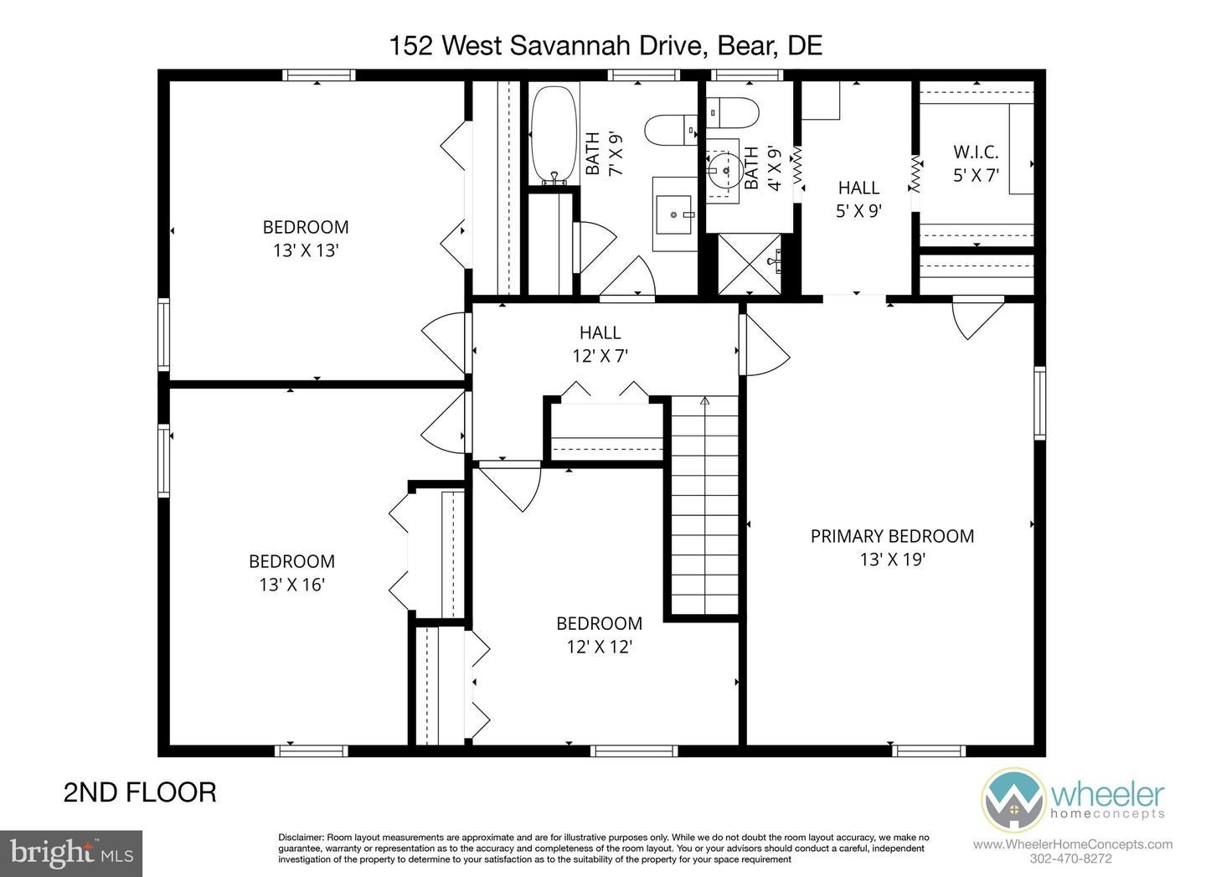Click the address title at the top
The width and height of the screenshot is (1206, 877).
[605, 45]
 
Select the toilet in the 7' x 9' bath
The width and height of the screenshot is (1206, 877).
[671, 130]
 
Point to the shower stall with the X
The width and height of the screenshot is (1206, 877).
[750, 264]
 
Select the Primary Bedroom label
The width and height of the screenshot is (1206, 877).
[892, 536]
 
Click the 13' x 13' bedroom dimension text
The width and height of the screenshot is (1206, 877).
[305, 250]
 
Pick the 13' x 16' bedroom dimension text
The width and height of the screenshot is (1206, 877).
[291, 585]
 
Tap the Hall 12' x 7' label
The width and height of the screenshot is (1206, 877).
[600, 344]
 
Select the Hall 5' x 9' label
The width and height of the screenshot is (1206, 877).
[858, 199]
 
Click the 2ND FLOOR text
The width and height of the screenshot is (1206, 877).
[140, 792]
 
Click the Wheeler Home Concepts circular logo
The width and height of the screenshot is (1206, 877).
[1013, 800]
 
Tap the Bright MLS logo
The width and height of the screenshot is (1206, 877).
[71, 854]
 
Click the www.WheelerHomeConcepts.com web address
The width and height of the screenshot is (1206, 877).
[1072, 844]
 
